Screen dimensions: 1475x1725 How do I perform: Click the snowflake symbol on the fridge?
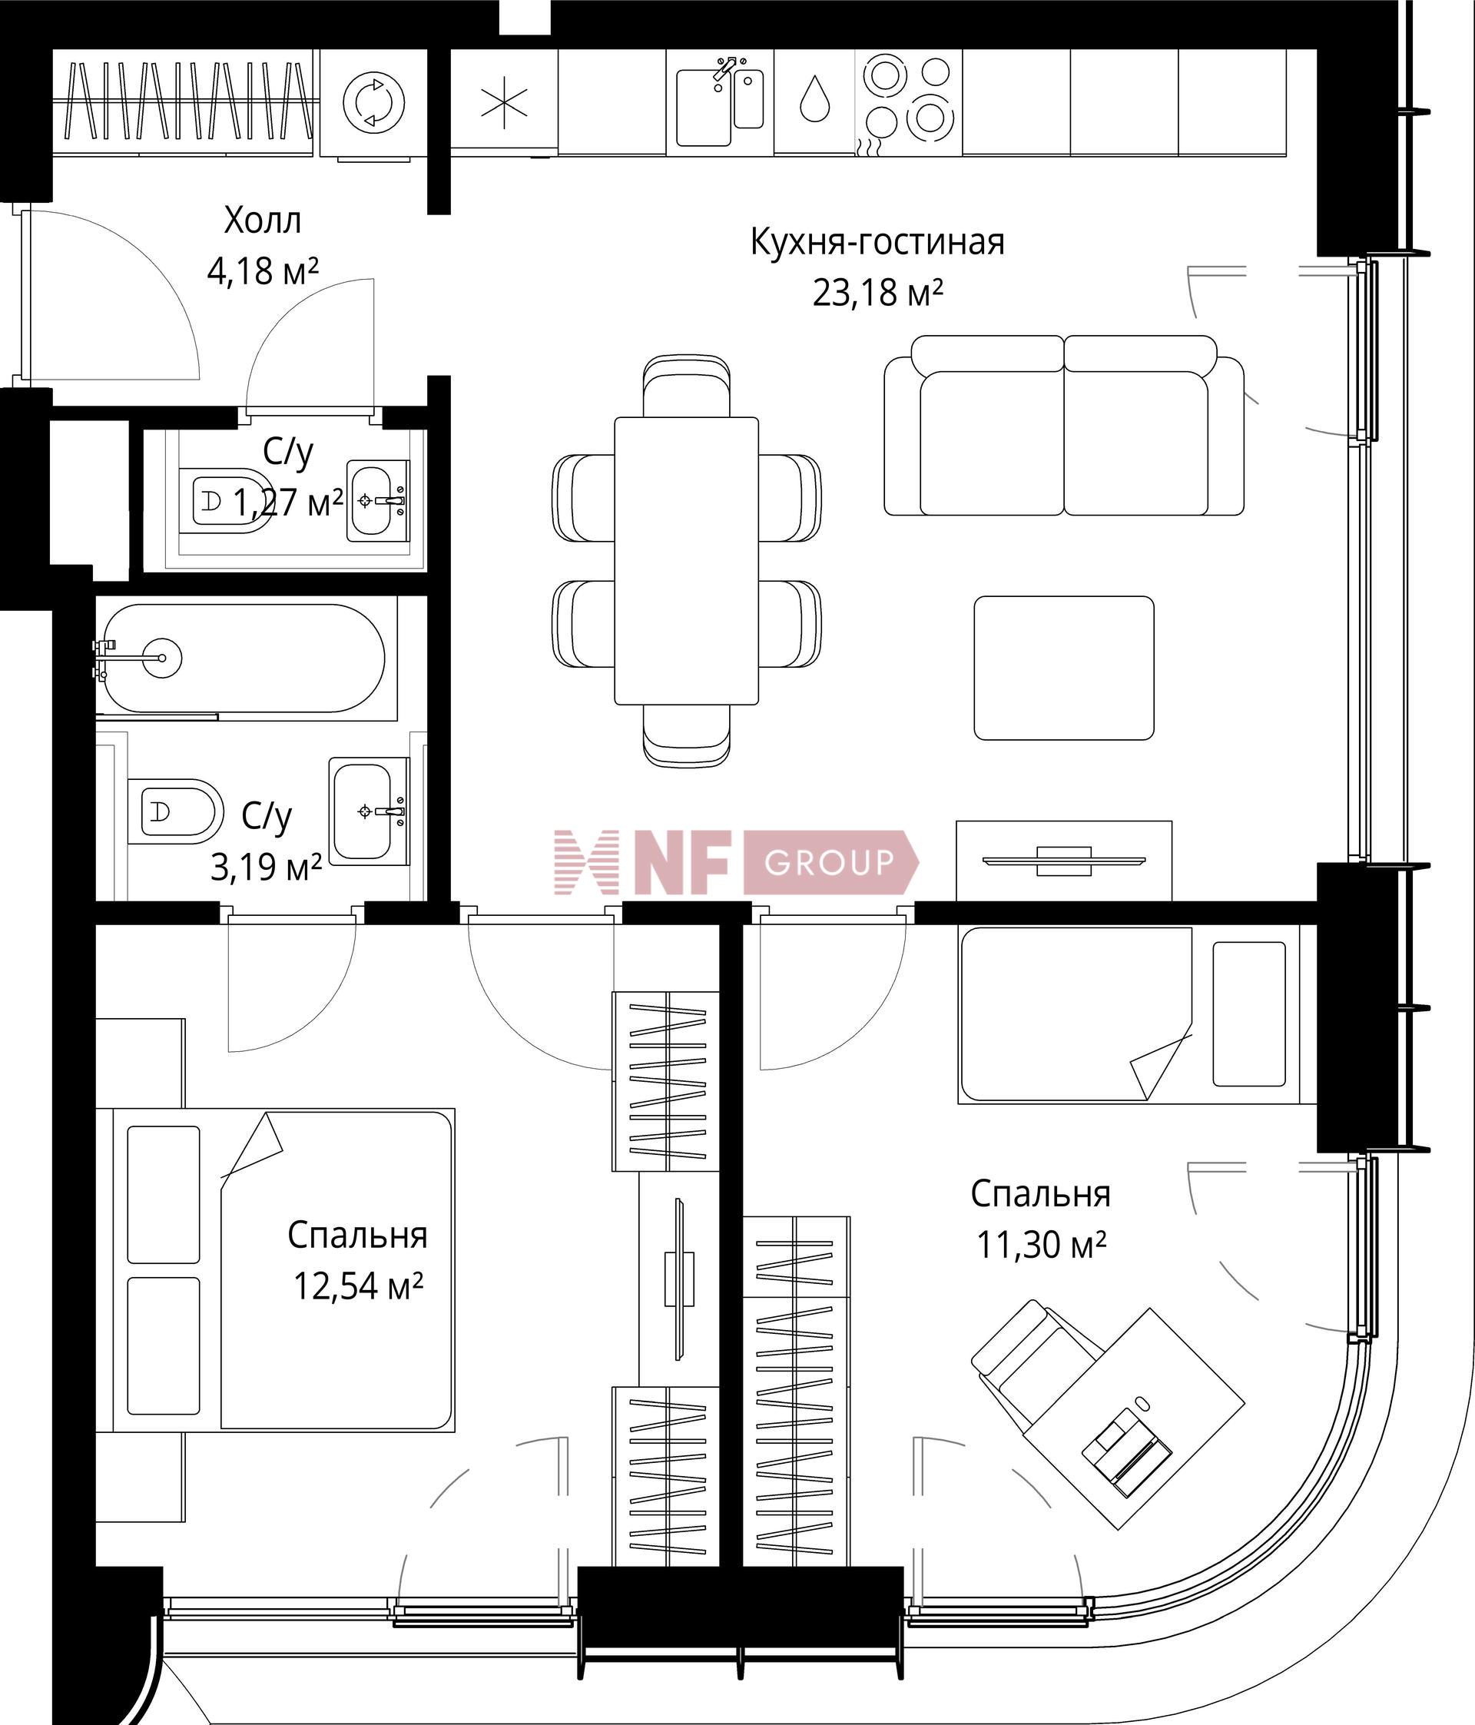(x=505, y=104)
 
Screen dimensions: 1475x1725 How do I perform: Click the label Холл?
(x=262, y=221)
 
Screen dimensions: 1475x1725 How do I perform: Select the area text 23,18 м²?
(x=877, y=293)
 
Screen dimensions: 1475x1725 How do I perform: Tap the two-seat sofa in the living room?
(x=1064, y=426)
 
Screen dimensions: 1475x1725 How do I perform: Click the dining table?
(x=687, y=560)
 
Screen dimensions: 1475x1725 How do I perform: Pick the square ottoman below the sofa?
(x=1064, y=668)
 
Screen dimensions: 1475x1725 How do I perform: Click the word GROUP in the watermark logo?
(x=829, y=862)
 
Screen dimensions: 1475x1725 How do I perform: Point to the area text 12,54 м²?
(x=358, y=1286)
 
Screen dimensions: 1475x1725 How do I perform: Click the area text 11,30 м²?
(x=1040, y=1246)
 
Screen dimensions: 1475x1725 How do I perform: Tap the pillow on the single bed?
(x=1249, y=1014)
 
